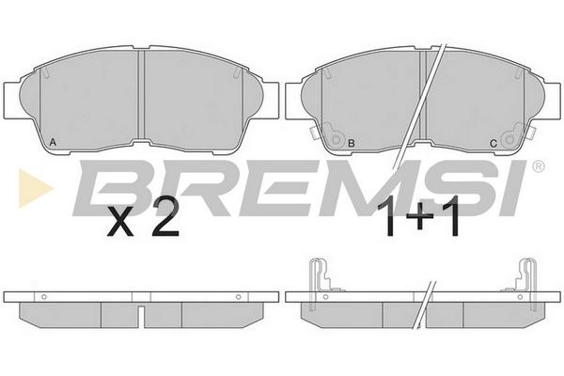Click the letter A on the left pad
point(53,142)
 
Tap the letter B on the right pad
point(352,143)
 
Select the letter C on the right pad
point(493,143)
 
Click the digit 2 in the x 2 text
point(165,216)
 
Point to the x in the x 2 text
point(120,223)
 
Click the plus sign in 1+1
point(418,216)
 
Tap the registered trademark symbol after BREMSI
point(538,165)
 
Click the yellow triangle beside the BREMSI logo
point(36,188)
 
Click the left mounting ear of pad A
point(12,100)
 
